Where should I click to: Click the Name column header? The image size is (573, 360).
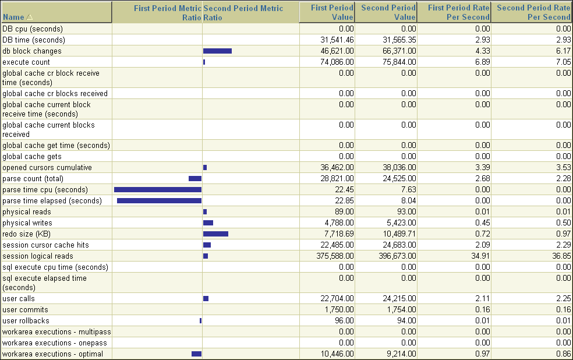(13, 17)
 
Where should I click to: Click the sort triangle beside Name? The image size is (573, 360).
(29, 17)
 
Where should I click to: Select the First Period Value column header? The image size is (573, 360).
(332, 12)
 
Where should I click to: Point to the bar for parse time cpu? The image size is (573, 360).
(158, 190)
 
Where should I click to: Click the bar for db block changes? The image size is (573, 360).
(217, 51)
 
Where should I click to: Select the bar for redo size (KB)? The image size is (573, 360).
(215, 234)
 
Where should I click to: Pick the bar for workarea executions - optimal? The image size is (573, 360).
(196, 354)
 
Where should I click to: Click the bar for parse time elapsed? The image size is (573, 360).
(159, 201)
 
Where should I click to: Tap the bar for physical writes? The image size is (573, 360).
(208, 223)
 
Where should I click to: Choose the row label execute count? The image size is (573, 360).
(26, 62)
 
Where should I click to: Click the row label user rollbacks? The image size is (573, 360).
(26, 321)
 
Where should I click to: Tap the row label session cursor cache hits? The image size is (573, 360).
(45, 245)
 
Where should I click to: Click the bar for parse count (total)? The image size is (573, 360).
(195, 179)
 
